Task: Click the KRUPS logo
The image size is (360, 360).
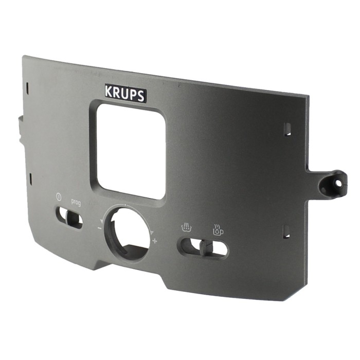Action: tap(125, 93)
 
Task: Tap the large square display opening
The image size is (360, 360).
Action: tap(131, 152)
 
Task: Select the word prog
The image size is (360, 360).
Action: tap(76, 202)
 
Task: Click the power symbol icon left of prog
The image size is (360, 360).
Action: tap(59, 197)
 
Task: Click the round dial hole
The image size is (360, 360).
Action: tap(127, 234)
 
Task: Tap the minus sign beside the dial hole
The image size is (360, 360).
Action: tap(99, 228)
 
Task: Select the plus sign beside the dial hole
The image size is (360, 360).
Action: tap(155, 241)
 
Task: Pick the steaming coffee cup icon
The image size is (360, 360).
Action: tap(218, 229)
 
